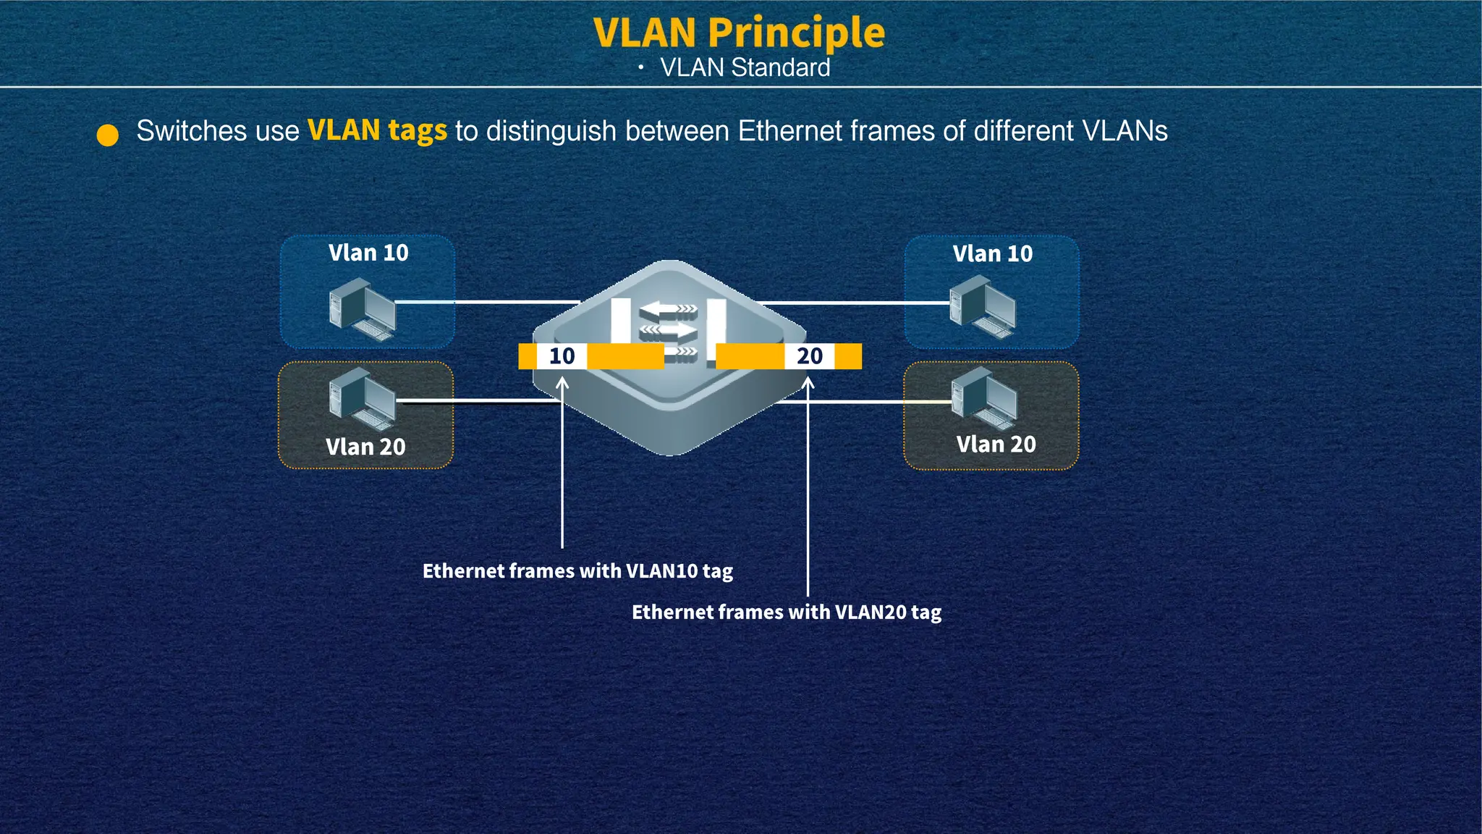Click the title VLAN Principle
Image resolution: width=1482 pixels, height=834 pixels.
point(739,33)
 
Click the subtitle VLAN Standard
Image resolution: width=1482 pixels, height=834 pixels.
point(745,68)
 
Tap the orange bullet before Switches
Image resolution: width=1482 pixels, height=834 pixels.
point(108,135)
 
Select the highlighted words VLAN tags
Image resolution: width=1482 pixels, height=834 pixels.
point(377,131)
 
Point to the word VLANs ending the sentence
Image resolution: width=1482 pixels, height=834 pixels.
point(1125,131)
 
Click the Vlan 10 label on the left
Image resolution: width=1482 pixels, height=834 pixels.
point(368,253)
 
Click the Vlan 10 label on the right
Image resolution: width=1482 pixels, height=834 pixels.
point(992,253)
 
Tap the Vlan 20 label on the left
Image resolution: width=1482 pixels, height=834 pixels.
point(365,447)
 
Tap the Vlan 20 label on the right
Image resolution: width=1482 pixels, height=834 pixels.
point(996,444)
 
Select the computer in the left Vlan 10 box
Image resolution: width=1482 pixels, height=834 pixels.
point(362,312)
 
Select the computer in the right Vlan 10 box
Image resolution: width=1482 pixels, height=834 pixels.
point(983,308)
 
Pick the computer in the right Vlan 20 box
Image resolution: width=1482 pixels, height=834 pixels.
point(984,398)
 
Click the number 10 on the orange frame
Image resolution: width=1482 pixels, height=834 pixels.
point(562,356)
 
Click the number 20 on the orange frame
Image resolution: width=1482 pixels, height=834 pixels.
point(809,356)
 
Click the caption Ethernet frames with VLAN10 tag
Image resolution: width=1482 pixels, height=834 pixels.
point(577,571)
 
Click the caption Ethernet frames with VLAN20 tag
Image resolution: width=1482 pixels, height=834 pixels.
point(787,612)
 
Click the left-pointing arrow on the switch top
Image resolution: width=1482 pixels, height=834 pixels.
point(666,311)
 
